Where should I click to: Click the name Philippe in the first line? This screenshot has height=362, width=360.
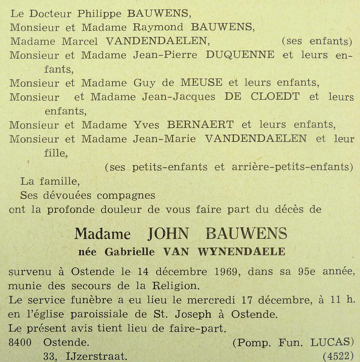[x=99, y=14]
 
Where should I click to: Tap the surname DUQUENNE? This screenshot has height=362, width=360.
[x=240, y=55]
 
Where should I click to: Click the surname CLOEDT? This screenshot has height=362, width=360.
[x=275, y=97]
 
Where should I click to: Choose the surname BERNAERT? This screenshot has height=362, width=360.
[x=200, y=125]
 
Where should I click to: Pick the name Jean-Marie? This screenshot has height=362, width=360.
[x=164, y=139]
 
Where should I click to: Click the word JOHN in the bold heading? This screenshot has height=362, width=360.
[x=168, y=234]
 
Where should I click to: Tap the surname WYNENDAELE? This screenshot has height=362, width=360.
[x=241, y=252]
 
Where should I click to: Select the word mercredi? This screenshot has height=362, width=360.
[x=211, y=300]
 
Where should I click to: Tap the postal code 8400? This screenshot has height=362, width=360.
[x=20, y=342]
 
